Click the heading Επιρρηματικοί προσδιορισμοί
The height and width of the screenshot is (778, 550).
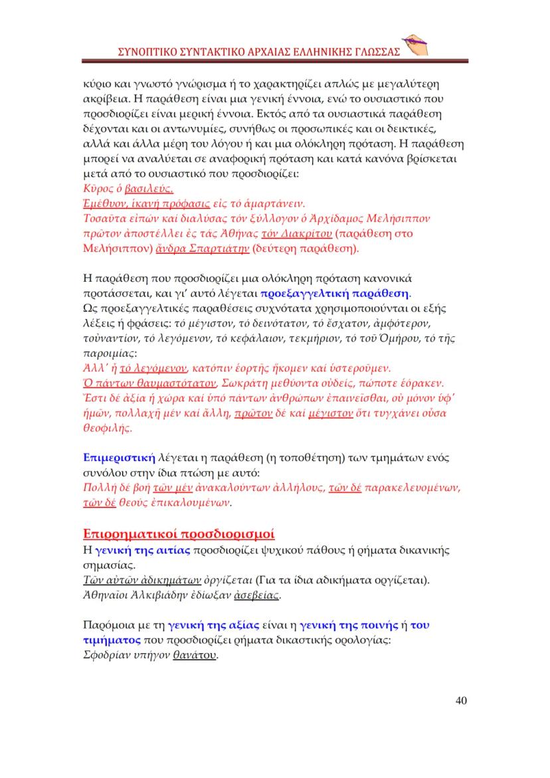pyautogui.click(x=179, y=534)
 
